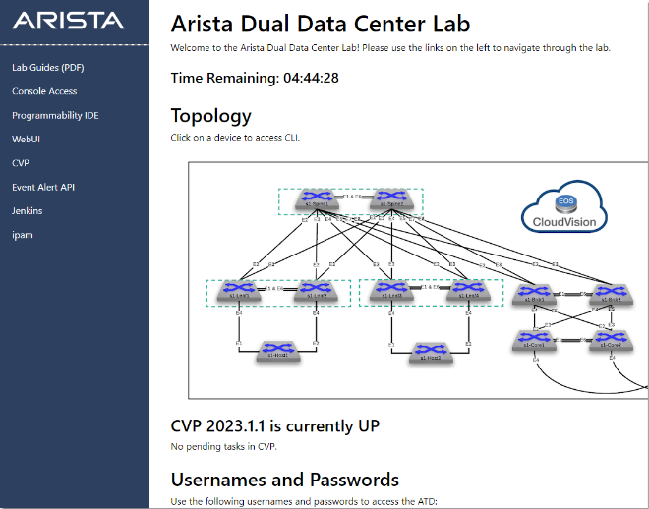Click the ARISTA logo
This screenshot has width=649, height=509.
pyautogui.click(x=69, y=21)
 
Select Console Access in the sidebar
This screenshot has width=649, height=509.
pyautogui.click(x=44, y=91)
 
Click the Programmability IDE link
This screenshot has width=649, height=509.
pyautogui.click(x=55, y=115)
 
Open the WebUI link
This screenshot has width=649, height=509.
pyautogui.click(x=26, y=140)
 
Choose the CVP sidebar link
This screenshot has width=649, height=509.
pyautogui.click(x=21, y=163)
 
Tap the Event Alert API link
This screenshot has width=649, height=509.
pyautogui.click(x=43, y=187)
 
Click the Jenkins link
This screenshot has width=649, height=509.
pyautogui.click(x=27, y=210)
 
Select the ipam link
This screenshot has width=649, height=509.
pyautogui.click(x=22, y=235)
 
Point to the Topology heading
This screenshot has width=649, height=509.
pyautogui.click(x=210, y=115)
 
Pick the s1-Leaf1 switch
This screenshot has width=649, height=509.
pyautogui.click(x=239, y=290)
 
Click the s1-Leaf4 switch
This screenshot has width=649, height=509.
pyautogui.click(x=467, y=290)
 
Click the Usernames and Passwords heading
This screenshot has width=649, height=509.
pyautogui.click(x=285, y=480)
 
